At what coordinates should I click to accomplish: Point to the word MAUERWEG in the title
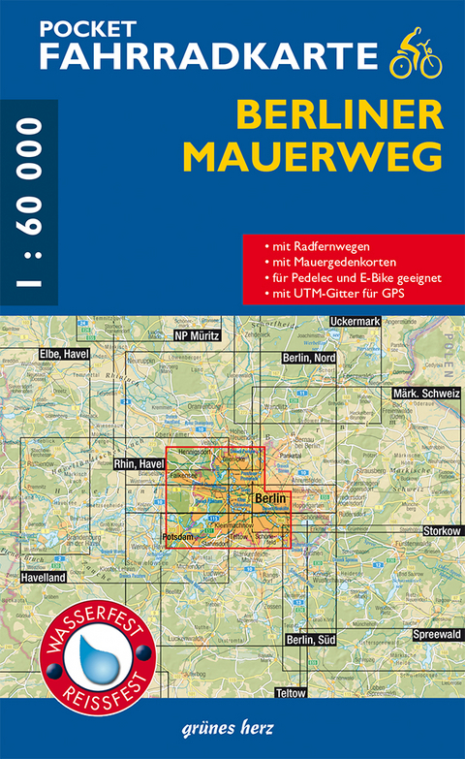tap(339, 155)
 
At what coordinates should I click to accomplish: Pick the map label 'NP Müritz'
tap(198, 334)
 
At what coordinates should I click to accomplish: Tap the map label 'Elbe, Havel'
tap(64, 355)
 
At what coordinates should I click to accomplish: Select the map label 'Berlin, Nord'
tap(308, 359)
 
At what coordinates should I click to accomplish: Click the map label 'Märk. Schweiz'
tap(426, 394)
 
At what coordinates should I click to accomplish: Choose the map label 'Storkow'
tap(442, 531)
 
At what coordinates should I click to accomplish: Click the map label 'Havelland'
tap(41, 577)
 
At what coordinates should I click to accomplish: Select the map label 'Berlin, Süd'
tap(308, 640)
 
